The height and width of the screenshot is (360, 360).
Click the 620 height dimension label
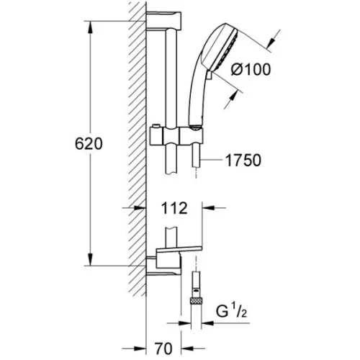89,144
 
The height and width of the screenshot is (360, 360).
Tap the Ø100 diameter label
251,70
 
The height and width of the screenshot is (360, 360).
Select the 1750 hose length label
243,161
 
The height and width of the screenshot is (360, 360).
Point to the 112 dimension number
174,208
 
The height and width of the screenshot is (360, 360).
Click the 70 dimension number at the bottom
163,348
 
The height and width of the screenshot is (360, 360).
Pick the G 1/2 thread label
231,311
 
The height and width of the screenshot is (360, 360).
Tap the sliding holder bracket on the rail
176,136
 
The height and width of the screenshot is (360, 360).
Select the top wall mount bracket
163,21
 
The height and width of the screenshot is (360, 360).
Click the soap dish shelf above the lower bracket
179,250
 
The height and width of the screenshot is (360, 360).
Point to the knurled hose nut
196,300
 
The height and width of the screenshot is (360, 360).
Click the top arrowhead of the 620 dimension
90,27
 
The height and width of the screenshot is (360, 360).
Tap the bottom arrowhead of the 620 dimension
90,260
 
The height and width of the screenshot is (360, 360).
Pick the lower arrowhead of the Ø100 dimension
233,96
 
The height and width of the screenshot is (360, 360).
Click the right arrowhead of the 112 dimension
209,208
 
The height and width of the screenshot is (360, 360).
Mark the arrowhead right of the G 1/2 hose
207,323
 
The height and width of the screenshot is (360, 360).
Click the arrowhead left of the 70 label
140,348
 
